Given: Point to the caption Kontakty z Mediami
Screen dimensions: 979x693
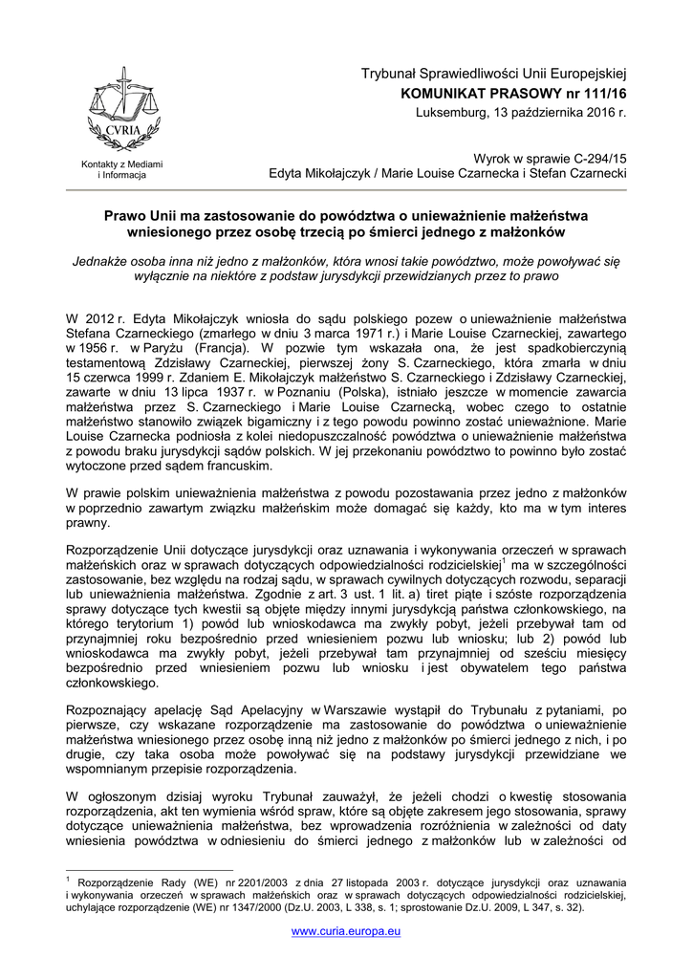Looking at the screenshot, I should coord(121,165).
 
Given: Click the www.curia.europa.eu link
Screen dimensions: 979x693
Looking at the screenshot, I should coord(346,930).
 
